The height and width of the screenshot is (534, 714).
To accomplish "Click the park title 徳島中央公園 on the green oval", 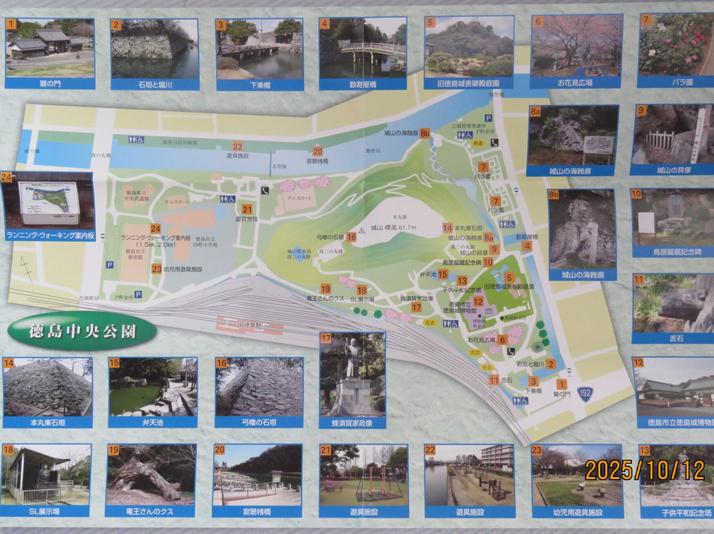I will coord(82,331).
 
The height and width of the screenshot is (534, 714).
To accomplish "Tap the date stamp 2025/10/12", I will coord(645,470).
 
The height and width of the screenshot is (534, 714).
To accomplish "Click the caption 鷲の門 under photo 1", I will coord(50,84).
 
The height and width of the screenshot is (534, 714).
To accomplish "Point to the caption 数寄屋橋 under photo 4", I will coord(362,84).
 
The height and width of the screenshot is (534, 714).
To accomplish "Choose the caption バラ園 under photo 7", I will coord(676,83).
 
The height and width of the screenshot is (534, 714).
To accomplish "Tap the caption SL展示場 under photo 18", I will coord(46,512).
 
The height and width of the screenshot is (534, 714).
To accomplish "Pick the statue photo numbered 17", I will coord(352,374).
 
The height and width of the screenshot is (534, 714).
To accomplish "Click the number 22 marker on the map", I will coord(237,147).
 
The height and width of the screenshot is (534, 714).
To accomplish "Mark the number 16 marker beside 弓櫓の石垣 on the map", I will coord(352,237).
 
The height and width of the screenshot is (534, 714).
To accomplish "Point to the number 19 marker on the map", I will coord(325,289).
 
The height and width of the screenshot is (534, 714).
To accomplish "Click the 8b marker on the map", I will coord(425,133).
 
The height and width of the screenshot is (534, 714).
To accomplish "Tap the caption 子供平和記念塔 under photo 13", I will coord(676,512).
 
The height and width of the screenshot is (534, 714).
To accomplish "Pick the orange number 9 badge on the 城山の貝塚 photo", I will coord(641,110).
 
